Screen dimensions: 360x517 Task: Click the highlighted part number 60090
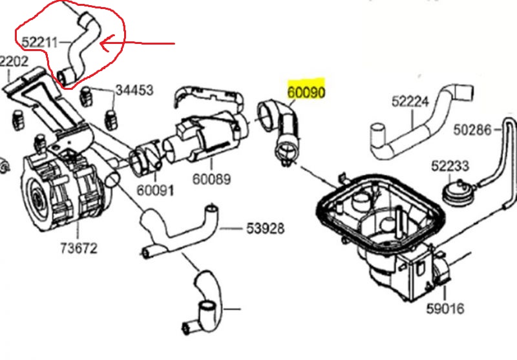tap(306, 92)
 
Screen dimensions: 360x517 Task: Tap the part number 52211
tap(39, 43)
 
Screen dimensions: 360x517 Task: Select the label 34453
tap(134, 90)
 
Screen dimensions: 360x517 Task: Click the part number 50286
tap(472, 130)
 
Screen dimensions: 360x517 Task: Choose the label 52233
tap(450, 166)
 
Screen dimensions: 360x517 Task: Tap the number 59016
tap(445, 308)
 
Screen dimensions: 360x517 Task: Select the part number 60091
tap(155, 191)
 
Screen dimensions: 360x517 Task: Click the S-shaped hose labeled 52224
tap(414, 129)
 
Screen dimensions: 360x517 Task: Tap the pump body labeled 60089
tap(200, 139)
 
